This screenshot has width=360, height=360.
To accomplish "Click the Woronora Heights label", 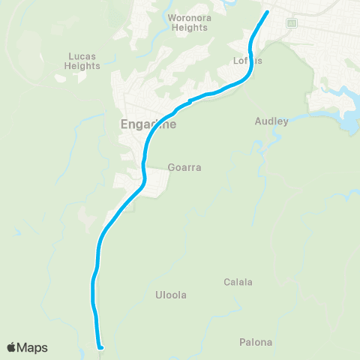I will (x=188, y=22).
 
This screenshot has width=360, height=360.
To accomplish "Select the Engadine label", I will (x=148, y=124).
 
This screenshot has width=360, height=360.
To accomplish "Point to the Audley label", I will (x=271, y=121).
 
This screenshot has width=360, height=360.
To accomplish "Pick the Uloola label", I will (x=170, y=295).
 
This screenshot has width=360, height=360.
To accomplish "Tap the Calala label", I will (x=238, y=283).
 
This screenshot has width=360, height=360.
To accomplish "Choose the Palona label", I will (x=256, y=343).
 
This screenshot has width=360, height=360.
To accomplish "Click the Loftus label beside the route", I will (x=247, y=61).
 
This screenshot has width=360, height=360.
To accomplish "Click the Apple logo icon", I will (x=11, y=347).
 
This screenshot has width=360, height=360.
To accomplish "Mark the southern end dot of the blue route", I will (x=100, y=346).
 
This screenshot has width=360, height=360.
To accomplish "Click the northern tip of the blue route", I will (x=268, y=12).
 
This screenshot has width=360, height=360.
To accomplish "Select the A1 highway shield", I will (x=292, y=23).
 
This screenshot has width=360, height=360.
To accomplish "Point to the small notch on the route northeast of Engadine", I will (x=190, y=101).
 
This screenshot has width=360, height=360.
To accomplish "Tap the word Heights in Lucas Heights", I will (x=83, y=66).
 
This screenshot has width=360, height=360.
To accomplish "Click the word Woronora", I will (x=188, y=17).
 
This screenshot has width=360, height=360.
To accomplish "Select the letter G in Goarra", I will (x=171, y=169).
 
